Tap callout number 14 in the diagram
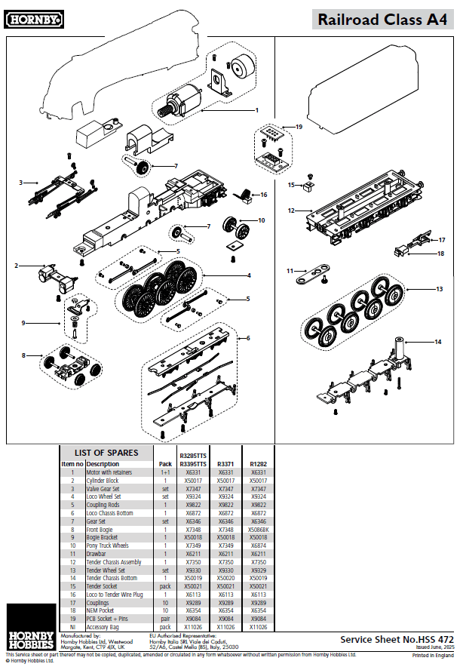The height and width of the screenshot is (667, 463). pyautogui.click(x=438, y=342)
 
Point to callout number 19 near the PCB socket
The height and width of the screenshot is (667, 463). pyautogui.click(x=299, y=127)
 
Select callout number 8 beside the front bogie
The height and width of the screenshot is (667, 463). pyautogui.click(x=23, y=355)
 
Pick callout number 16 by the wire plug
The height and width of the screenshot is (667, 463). pyautogui.click(x=264, y=195)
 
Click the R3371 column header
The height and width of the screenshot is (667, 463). pyautogui.click(x=225, y=463)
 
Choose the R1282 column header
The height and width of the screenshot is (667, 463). pyautogui.click(x=258, y=463)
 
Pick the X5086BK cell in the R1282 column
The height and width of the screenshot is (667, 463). pyautogui.click(x=258, y=529)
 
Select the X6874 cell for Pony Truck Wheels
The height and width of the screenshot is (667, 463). pyautogui.click(x=258, y=545)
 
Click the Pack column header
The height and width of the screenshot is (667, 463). pyautogui.click(x=164, y=463)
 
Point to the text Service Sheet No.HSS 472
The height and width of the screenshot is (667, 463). pyautogui.click(x=397, y=638)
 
